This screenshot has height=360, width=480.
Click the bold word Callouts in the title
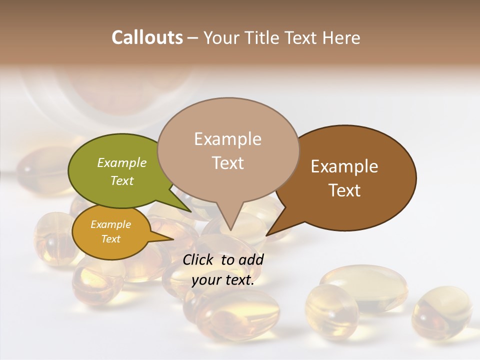147,37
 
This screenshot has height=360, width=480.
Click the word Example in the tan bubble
228,139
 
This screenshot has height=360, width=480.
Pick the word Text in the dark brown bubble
345,190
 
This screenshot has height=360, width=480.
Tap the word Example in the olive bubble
122,163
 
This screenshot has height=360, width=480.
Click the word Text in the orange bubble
111,239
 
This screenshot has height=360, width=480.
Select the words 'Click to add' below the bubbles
223,259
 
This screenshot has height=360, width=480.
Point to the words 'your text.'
223,280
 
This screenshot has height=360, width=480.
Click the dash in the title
193,38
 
